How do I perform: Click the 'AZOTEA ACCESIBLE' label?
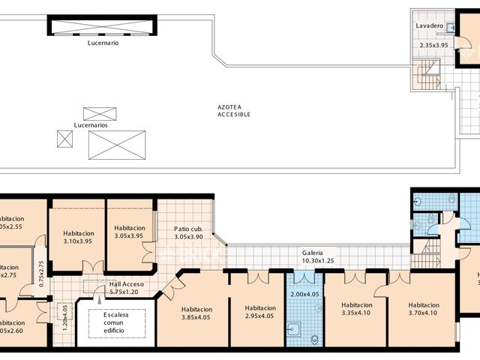click(x=234, y=111)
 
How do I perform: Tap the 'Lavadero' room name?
click(x=432, y=25)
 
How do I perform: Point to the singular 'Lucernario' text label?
click(x=103, y=43)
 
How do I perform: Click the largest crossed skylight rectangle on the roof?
click(x=116, y=144)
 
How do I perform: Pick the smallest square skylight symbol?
click(x=64, y=138)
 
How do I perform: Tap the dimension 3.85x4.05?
click(x=196, y=317)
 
